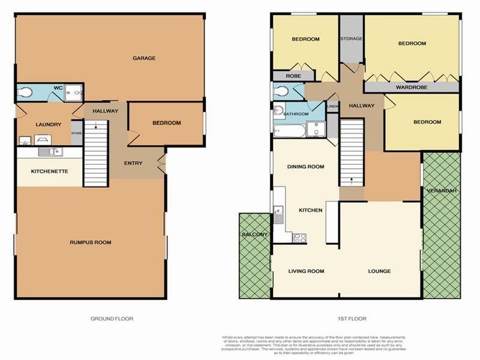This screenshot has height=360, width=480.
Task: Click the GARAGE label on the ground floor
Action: pyautogui.click(x=144, y=58)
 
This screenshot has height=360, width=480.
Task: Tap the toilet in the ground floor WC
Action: pyautogui.click(x=25, y=92)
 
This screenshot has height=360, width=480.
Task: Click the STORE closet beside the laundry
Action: pyautogui.click(x=77, y=133)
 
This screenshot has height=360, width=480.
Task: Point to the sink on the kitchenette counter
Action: pyautogui.click(x=50, y=152)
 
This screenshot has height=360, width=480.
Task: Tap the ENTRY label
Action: pyautogui.click(x=133, y=163)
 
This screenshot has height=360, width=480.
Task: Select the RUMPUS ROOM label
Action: pyautogui.click(x=91, y=242)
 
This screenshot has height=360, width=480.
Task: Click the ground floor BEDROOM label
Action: pyautogui.click(x=166, y=123)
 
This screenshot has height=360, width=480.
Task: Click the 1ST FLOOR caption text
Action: pyautogui.click(x=352, y=319)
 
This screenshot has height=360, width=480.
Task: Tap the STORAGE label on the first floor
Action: pyautogui.click(x=352, y=38)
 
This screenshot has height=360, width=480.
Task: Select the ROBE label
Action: pyautogui.click(x=293, y=76)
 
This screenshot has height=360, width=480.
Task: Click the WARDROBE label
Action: pyautogui.click(x=411, y=88)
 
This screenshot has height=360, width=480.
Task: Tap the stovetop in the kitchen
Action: pyautogui.click(x=299, y=237)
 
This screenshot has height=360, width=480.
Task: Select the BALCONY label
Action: pyautogui.click(x=254, y=234)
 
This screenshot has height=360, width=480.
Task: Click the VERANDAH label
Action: pyautogui.click(x=442, y=190)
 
